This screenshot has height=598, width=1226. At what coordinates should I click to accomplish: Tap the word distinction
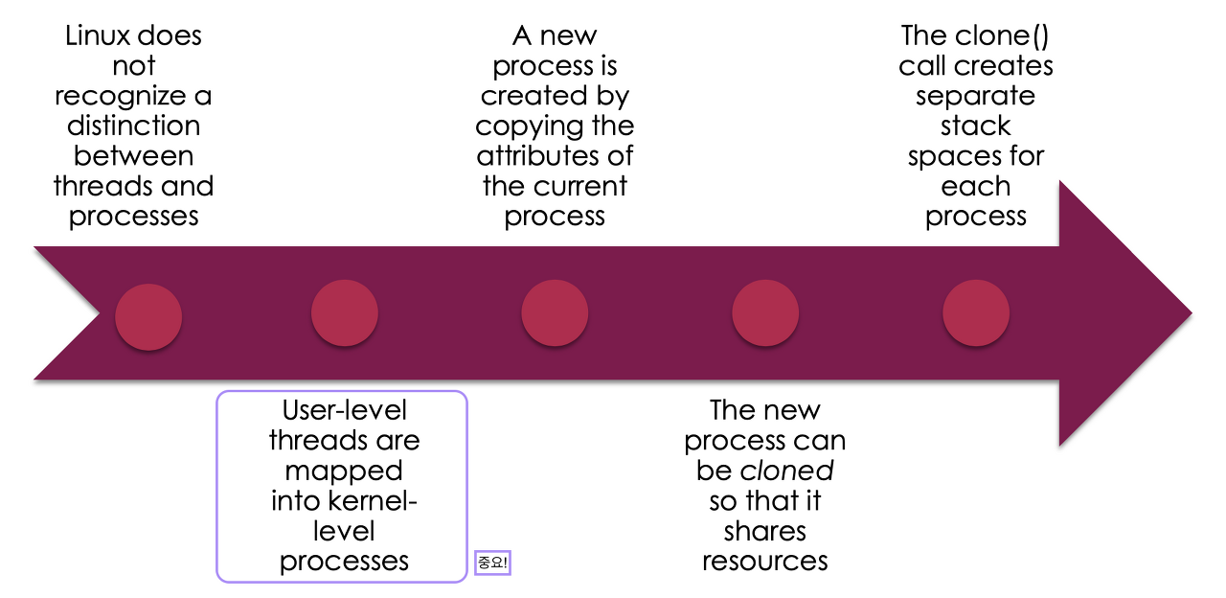click(x=133, y=126)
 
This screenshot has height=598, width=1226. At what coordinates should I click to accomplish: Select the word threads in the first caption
click(x=94, y=186)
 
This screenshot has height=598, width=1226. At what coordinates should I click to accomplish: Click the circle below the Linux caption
click(x=148, y=315)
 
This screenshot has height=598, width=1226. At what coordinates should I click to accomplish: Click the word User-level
click(x=344, y=411)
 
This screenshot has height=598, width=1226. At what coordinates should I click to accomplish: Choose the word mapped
click(x=344, y=471)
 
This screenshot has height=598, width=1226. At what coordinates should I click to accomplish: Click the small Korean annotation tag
click(x=492, y=563)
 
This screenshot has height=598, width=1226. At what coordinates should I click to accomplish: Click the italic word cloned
click(x=787, y=471)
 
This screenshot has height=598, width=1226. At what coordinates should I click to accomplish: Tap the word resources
click(x=765, y=561)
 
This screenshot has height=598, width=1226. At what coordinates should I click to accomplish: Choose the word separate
click(x=975, y=96)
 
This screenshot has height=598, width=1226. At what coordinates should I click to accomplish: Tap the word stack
click(x=975, y=126)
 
